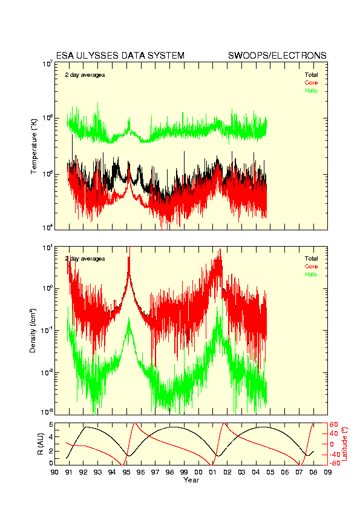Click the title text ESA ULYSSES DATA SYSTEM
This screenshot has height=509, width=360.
[x=120, y=56]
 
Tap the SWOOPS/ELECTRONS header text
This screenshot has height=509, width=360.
[x=277, y=56]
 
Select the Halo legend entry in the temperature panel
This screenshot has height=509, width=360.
[x=311, y=91]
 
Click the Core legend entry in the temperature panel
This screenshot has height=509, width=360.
[x=311, y=83]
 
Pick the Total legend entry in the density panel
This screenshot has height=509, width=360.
[x=311, y=258]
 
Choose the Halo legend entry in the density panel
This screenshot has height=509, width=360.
[x=311, y=274]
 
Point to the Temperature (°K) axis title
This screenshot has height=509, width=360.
[x=34, y=146]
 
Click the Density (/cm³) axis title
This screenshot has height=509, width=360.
[x=33, y=331]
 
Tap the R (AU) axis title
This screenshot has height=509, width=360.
[x=41, y=444]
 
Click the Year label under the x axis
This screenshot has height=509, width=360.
[x=191, y=480]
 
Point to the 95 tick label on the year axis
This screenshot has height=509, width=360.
[x=126, y=472]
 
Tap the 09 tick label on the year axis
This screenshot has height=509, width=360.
[x=328, y=472]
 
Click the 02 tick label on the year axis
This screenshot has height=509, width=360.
[x=227, y=472]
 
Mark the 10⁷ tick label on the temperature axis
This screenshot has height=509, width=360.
[x=47, y=63]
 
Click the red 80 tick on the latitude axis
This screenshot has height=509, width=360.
[x=334, y=424]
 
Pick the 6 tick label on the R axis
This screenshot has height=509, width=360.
[x=51, y=424]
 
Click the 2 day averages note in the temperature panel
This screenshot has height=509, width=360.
[x=85, y=75]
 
